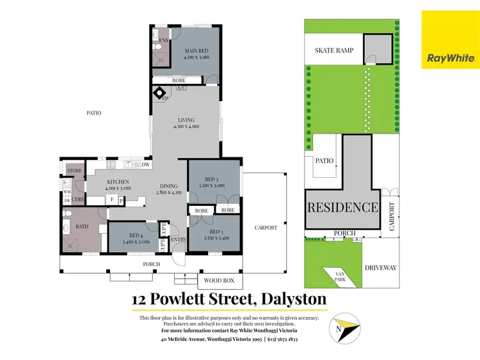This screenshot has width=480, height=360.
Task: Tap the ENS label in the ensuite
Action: (x=163, y=40)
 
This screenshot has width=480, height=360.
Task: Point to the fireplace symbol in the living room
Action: (x=160, y=94)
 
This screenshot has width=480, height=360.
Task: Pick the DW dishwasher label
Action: (x=146, y=165)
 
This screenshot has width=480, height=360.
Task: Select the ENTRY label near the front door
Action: (x=179, y=239)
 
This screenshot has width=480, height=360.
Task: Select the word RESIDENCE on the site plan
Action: (x=342, y=207)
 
